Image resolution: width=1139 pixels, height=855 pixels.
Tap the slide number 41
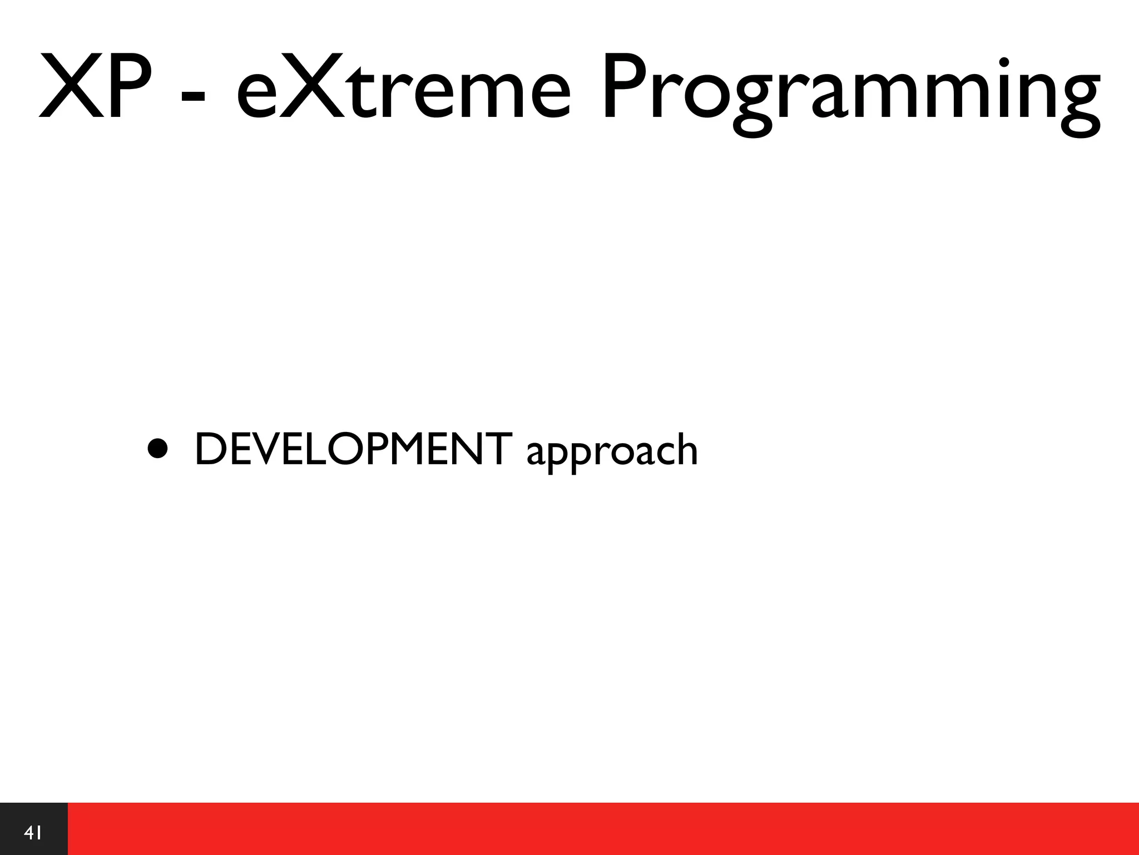[x=33, y=833]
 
